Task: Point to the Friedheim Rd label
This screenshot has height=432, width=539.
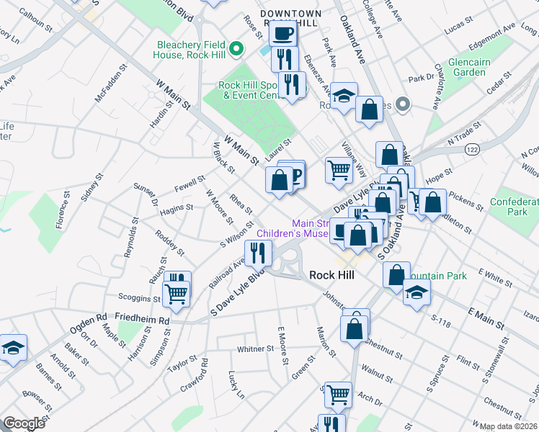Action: coord(146,320)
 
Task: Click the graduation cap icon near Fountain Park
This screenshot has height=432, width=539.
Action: coord(416,292)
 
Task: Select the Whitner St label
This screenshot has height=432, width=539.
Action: coord(256,349)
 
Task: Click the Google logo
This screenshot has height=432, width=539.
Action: coord(24,423)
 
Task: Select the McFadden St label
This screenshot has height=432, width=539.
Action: coord(111,86)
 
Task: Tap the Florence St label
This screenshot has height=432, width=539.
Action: coord(63,208)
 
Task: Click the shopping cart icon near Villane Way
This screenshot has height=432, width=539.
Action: coord(338,170)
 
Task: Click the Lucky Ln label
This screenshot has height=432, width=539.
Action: coord(236,384)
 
